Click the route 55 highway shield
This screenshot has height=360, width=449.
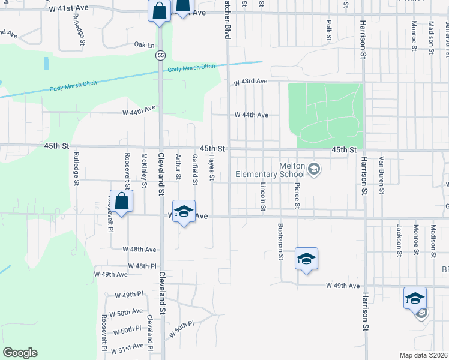(160, 55)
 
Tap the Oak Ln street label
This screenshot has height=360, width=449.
(144, 45)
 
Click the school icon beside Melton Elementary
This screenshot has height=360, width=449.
(313, 170)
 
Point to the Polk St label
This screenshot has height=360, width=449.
(328, 29)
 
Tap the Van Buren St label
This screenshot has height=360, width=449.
(381, 175)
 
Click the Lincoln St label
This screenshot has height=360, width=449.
(263, 197)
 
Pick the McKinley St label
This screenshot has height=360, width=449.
(144, 170)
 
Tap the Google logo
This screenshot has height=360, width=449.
(20, 353)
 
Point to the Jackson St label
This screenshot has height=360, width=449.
(399, 240)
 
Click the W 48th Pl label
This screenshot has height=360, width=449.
(142, 265)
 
